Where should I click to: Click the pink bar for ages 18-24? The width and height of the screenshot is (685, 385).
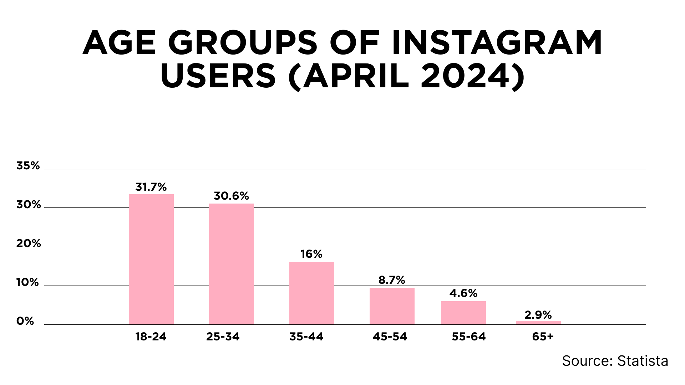151,259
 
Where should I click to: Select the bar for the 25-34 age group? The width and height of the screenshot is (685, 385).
232,264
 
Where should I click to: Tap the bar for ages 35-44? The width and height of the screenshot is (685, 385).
312,293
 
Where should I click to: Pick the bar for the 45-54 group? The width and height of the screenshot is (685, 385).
392,306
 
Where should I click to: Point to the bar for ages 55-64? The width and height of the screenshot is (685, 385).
463,313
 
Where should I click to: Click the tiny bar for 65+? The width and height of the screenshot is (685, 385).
538,323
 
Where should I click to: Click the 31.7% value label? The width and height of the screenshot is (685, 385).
151,187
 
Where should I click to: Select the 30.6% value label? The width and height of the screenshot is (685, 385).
231,196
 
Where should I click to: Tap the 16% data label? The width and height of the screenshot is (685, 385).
311,254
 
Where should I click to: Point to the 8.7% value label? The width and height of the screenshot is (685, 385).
392,280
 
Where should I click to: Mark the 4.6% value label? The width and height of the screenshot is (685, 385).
463,293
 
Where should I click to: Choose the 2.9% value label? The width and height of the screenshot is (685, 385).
538,315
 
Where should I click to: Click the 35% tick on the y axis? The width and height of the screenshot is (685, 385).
28,165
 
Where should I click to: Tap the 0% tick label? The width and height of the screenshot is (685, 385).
25,321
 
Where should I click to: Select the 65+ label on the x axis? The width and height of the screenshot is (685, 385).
543,337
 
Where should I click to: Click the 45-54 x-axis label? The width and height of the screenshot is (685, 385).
390,337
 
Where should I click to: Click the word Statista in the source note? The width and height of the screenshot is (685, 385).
643,361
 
